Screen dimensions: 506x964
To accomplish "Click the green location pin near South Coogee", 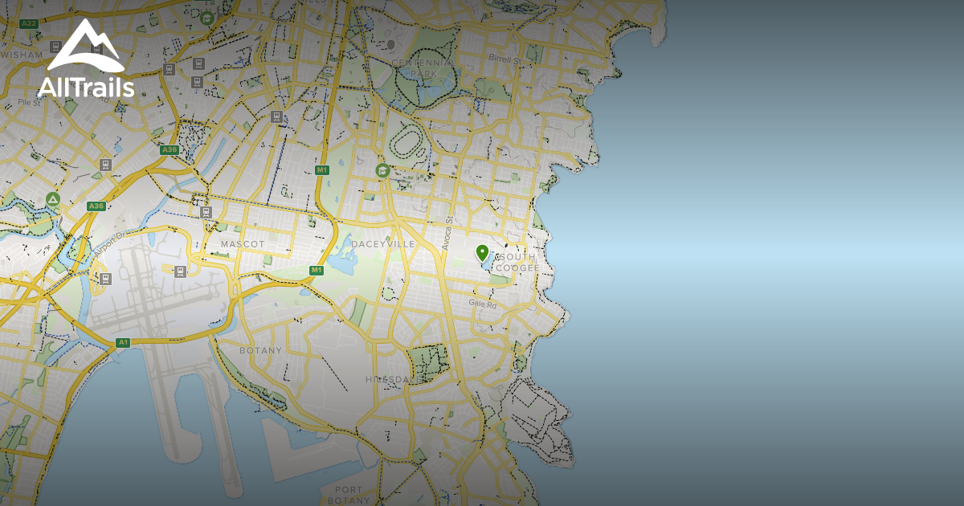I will [x=482, y=252].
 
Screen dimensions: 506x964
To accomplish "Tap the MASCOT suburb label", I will [x=243, y=243].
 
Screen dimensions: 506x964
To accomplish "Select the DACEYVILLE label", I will [x=383, y=243].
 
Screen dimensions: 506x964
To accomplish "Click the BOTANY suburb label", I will [x=261, y=350].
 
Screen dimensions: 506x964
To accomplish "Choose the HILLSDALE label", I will [x=393, y=379].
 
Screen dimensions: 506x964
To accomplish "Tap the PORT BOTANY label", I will [x=349, y=495].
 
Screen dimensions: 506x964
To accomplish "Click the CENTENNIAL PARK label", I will [x=423, y=67].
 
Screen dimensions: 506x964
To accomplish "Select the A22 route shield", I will [x=30, y=23].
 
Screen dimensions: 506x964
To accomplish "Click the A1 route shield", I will [x=123, y=343].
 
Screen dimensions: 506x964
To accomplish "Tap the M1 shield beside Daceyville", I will [x=317, y=270].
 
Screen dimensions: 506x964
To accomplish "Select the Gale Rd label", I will [x=483, y=304].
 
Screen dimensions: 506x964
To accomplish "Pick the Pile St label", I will [x=29, y=103].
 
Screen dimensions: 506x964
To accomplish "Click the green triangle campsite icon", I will [x=53, y=199].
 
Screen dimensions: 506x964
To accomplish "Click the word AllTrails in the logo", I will [x=86, y=86].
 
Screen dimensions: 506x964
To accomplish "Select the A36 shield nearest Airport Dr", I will [x=96, y=206].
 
